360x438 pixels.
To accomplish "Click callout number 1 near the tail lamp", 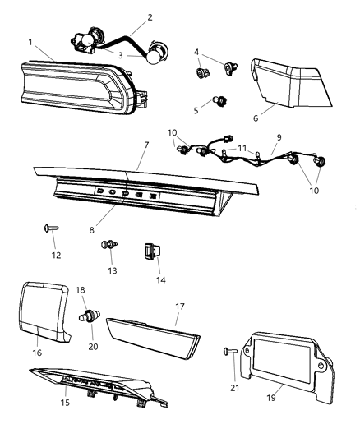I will pyautogui.click(x=30, y=41).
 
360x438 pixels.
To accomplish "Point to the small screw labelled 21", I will pyautogui.click(x=228, y=351).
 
